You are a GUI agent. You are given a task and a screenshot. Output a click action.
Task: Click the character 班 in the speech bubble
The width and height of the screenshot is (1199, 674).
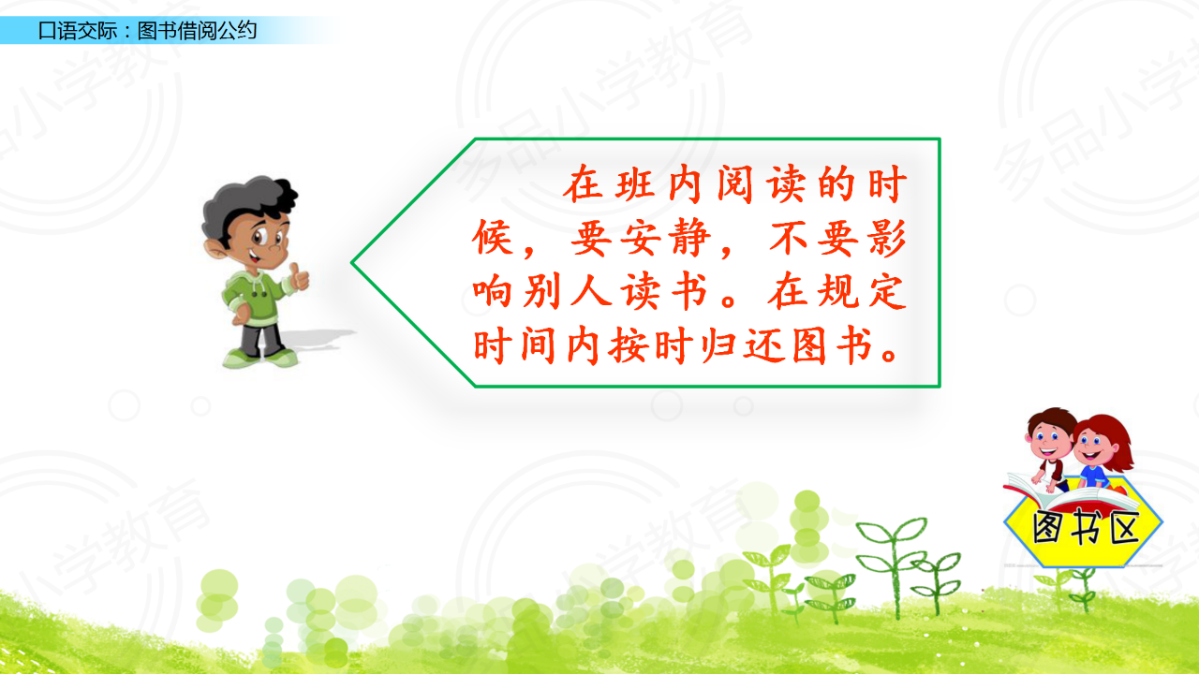(635, 184)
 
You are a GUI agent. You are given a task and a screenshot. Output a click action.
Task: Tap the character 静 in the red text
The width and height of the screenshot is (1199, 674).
(691, 239)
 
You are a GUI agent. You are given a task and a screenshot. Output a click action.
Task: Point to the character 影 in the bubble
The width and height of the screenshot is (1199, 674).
(887, 239)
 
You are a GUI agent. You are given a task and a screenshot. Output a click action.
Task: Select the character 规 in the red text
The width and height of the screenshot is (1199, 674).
(837, 292)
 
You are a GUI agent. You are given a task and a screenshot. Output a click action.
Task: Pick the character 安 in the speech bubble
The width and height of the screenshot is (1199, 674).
(641, 239)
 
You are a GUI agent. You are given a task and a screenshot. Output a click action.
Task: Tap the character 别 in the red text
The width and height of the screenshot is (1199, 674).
(541, 292)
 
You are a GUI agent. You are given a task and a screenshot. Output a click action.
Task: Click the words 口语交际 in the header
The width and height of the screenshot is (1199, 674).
(78, 31)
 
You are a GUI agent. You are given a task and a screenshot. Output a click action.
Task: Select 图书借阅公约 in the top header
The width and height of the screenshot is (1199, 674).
(197, 31)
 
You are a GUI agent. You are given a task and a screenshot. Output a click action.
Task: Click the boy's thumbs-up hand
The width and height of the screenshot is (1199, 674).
(299, 276)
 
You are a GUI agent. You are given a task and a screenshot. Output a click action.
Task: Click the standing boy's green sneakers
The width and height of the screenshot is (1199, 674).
(260, 358)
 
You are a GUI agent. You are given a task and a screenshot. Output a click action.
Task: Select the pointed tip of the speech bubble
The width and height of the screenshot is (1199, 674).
(352, 262)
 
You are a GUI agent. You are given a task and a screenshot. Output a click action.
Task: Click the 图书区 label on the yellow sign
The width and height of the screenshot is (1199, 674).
(1085, 527)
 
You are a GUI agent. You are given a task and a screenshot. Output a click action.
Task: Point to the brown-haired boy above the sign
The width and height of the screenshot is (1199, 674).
(1048, 448)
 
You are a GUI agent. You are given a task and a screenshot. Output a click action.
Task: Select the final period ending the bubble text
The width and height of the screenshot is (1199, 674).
(890, 355)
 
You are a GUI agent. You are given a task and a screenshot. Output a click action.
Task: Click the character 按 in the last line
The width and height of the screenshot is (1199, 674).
(628, 346)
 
